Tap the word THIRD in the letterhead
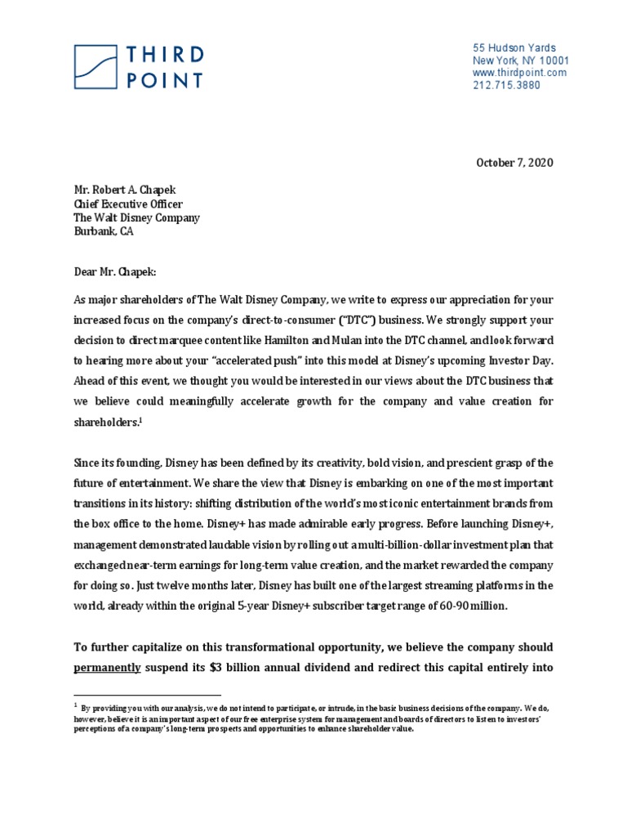pyautogui.click(x=164, y=55)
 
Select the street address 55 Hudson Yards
pyautogui.click(x=514, y=48)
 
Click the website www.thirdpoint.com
pyautogui.click(x=519, y=73)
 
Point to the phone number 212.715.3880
pyautogui.click(x=506, y=85)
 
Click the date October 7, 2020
pyautogui.click(x=514, y=163)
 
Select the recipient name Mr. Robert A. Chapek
pyautogui.click(x=127, y=190)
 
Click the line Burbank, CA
pyautogui.click(x=104, y=231)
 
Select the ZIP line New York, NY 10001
pyautogui.click(x=521, y=60)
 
